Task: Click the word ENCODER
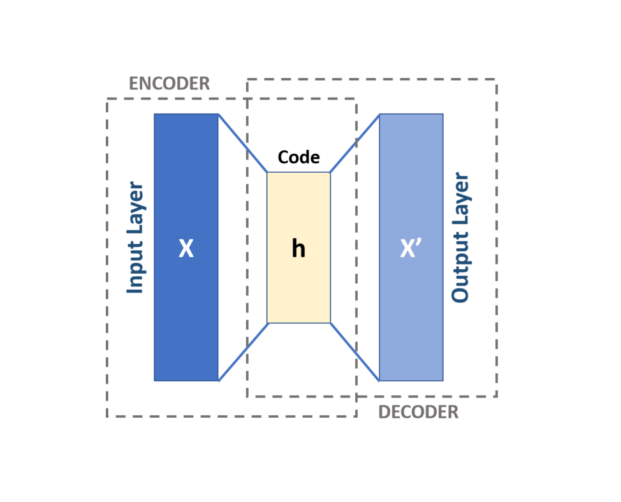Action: tap(169, 84)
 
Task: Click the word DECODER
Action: tap(418, 412)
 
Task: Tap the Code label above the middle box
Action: tap(298, 158)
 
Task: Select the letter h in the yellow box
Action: tap(298, 248)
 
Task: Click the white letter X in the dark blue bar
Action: tap(186, 249)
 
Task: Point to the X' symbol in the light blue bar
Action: tap(411, 249)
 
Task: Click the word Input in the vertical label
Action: tap(136, 267)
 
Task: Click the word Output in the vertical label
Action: tap(460, 272)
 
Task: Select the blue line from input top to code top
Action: tap(242, 143)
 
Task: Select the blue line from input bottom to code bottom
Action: tap(243, 352)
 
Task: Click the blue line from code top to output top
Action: tap(355, 143)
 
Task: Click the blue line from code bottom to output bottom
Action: tap(355, 352)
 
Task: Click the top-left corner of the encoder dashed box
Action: tap(107, 99)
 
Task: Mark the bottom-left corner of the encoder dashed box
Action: tap(107, 417)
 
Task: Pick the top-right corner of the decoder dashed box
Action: tap(496, 80)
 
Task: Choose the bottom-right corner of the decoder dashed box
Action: tap(496, 396)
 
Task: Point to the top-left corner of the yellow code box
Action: tap(267, 172)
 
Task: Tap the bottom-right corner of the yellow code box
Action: tap(330, 323)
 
